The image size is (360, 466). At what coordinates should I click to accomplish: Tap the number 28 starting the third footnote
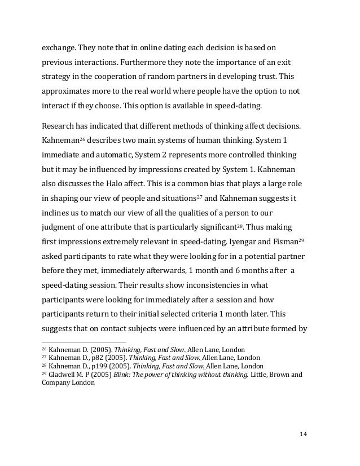[45, 366]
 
